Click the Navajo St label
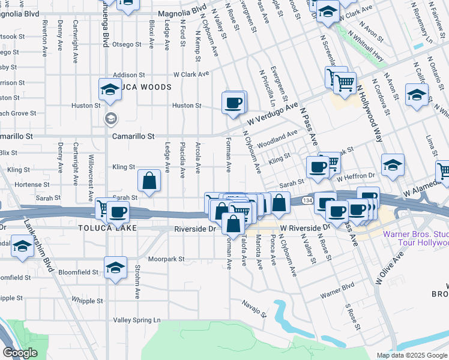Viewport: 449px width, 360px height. [255, 309]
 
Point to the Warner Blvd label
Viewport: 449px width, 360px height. [337, 295]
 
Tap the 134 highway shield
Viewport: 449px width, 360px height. [307, 199]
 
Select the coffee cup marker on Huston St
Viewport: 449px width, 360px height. [234, 102]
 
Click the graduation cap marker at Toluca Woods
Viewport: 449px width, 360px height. [110, 90]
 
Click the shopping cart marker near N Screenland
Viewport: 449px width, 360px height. [345, 83]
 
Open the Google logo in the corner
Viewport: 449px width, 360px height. [20, 353]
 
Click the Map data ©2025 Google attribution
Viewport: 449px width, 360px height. [411, 355]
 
